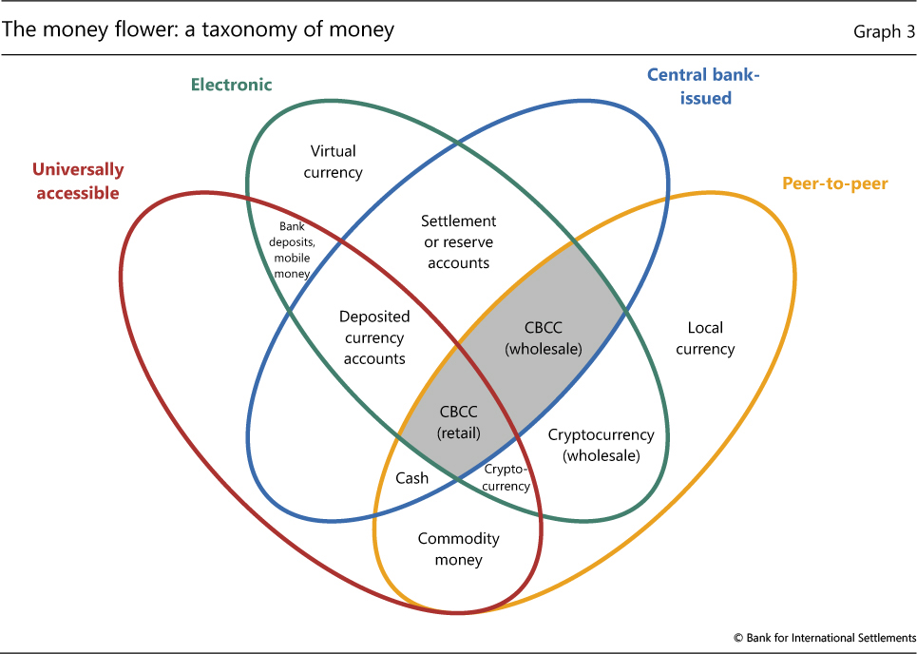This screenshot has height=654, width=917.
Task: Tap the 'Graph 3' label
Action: (883, 31)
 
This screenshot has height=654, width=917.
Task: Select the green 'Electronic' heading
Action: (231, 85)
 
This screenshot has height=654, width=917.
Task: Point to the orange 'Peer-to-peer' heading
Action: (834, 183)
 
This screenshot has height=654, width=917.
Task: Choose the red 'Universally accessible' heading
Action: (77, 181)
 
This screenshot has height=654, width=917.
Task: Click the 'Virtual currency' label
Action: (333, 162)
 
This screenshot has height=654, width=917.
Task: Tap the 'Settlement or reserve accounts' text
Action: (458, 241)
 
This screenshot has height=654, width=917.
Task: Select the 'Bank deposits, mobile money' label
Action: (292, 250)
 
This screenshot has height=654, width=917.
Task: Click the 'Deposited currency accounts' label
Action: (374, 337)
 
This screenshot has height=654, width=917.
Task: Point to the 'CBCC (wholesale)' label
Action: (544, 337)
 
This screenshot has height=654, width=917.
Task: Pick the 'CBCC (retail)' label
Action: (459, 422)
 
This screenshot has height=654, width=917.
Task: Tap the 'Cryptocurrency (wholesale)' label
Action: (601, 445)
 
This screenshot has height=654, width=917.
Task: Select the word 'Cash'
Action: (412, 478)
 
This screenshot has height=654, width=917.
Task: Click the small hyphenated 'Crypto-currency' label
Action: (506, 477)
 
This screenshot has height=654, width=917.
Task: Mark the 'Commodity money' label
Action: (458, 548)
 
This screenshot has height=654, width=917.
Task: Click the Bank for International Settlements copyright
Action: (823, 637)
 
